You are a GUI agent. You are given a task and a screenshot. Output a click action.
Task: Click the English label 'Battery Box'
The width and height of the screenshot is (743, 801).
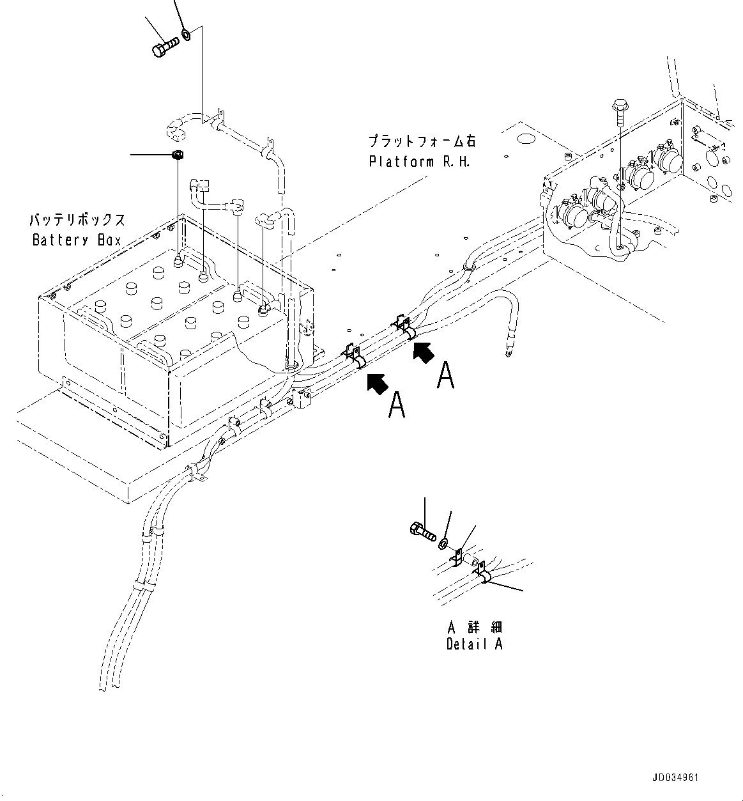pos(77,240)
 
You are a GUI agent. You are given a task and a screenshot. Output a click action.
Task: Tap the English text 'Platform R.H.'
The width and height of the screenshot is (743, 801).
pos(419,162)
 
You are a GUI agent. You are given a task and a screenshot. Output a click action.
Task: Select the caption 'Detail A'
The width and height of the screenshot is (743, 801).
pos(474,644)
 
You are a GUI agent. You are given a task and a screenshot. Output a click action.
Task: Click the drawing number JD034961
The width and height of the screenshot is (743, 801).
pos(675,778)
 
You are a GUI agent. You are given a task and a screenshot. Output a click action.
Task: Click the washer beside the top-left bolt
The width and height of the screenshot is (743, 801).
pos(186,34)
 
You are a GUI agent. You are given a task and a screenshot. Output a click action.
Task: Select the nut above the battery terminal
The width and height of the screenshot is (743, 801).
pos(178,155)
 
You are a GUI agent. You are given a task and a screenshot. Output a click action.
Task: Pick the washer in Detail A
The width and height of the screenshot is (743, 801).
pos(443,544)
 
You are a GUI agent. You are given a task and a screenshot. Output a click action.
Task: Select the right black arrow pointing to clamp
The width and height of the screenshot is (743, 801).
pos(424,352)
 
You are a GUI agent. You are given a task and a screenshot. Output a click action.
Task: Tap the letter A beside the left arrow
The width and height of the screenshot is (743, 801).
pos(397,405)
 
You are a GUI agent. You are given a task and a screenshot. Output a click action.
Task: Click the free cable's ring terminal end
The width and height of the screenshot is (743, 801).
pos(509,350)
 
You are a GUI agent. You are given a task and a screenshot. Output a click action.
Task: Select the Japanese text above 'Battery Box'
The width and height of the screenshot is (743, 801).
pos(77,221)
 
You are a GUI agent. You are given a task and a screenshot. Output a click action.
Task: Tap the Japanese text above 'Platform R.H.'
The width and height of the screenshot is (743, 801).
pos(421,141)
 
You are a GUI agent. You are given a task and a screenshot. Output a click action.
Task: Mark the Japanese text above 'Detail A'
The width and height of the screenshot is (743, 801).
pos(474,626)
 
